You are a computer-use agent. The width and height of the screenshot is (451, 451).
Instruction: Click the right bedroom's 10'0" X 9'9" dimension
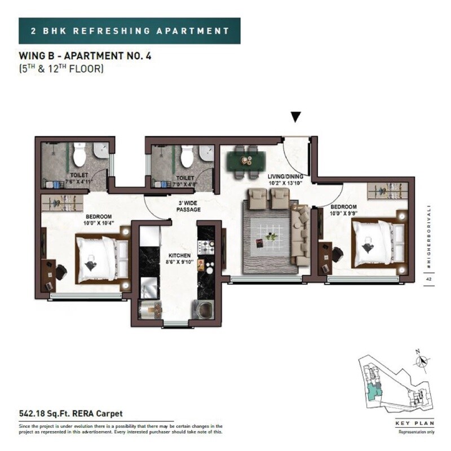click(343, 214)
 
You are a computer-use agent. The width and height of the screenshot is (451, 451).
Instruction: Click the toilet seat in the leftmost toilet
click(79, 153)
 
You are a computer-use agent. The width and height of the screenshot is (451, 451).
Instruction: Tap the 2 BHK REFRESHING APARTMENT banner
click(130, 30)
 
